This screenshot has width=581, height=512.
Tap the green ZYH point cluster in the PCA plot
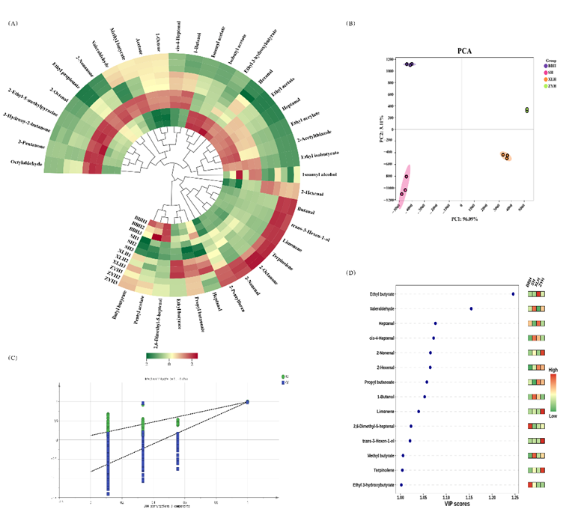pos(527,111)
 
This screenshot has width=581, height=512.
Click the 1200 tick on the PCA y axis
pos(389,59)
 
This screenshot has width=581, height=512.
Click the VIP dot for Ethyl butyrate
pos(513,294)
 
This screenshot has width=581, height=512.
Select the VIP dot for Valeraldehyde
pos(471,308)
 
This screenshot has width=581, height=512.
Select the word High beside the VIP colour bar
pos(553,369)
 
